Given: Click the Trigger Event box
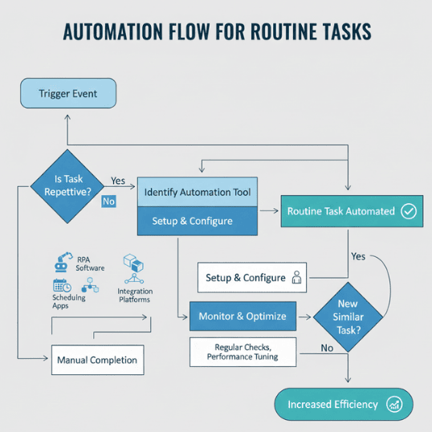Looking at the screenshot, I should [x=68, y=94].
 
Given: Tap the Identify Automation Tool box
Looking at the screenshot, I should [x=198, y=192].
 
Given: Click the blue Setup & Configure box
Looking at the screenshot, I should [x=198, y=221].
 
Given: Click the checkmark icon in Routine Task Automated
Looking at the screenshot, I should [x=408, y=211].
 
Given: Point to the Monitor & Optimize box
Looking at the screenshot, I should [x=242, y=316].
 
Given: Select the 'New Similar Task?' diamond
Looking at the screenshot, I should [x=348, y=316].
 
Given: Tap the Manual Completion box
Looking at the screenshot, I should [x=97, y=360].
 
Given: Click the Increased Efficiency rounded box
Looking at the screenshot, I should [x=344, y=405].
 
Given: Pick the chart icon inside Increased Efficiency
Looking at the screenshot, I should [x=394, y=405].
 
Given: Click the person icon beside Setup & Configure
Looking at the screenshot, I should [x=297, y=278].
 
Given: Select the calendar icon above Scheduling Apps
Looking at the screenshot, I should [x=62, y=285].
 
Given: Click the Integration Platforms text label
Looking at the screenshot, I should [x=135, y=295].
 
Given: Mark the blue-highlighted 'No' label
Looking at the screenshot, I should [x=108, y=202].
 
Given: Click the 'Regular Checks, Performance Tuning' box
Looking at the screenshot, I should [x=242, y=351].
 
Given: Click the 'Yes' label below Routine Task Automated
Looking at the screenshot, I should [x=359, y=256].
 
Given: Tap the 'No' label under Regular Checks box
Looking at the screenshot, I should [x=327, y=348].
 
